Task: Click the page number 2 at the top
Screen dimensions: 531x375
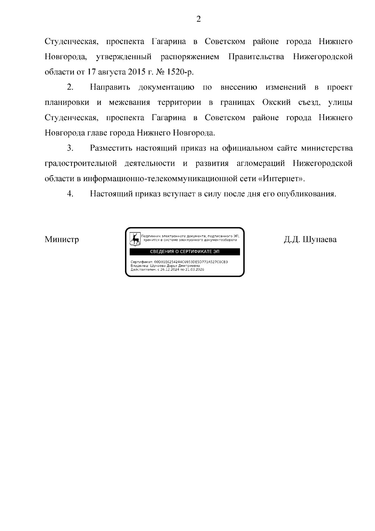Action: tap(198, 19)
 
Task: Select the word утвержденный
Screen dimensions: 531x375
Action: tap(124, 57)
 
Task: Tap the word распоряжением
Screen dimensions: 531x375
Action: tap(190, 57)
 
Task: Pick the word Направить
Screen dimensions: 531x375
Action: tap(110, 87)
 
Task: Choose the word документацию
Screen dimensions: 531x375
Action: tap(166, 87)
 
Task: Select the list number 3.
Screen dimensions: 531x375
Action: tap(70, 148)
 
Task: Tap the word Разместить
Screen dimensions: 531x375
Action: tap(111, 148)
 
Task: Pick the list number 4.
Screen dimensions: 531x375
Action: tap(70, 194)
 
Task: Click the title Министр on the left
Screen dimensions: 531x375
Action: tap(62, 240)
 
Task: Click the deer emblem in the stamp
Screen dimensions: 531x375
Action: tap(135, 239)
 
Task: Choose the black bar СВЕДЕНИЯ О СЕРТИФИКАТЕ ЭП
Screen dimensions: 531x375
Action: tap(185, 252)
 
